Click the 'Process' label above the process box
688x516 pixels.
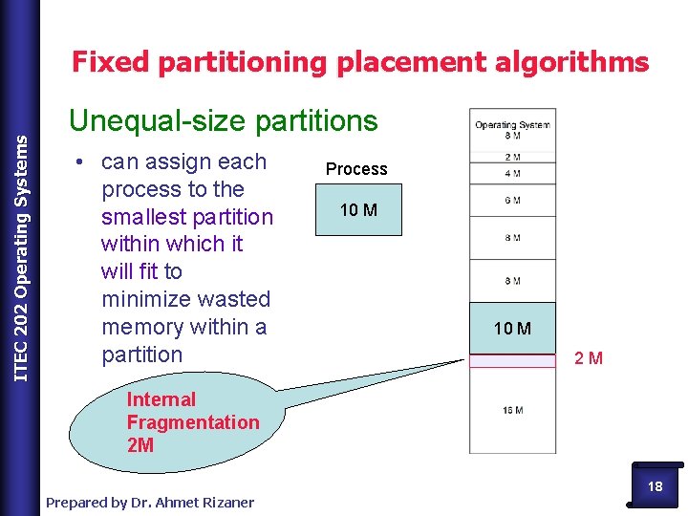(x=356, y=169)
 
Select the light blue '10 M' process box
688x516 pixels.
(x=358, y=210)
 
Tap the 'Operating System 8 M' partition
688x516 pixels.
(x=512, y=130)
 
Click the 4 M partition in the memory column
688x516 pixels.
(x=512, y=174)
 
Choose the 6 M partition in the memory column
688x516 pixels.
(x=512, y=199)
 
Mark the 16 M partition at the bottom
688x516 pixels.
(x=512, y=410)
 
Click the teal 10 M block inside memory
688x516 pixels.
(x=512, y=329)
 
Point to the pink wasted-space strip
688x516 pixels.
(x=512, y=360)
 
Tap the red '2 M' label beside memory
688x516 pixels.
(x=589, y=359)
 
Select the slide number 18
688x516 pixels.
(x=655, y=486)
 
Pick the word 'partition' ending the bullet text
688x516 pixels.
(x=141, y=355)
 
